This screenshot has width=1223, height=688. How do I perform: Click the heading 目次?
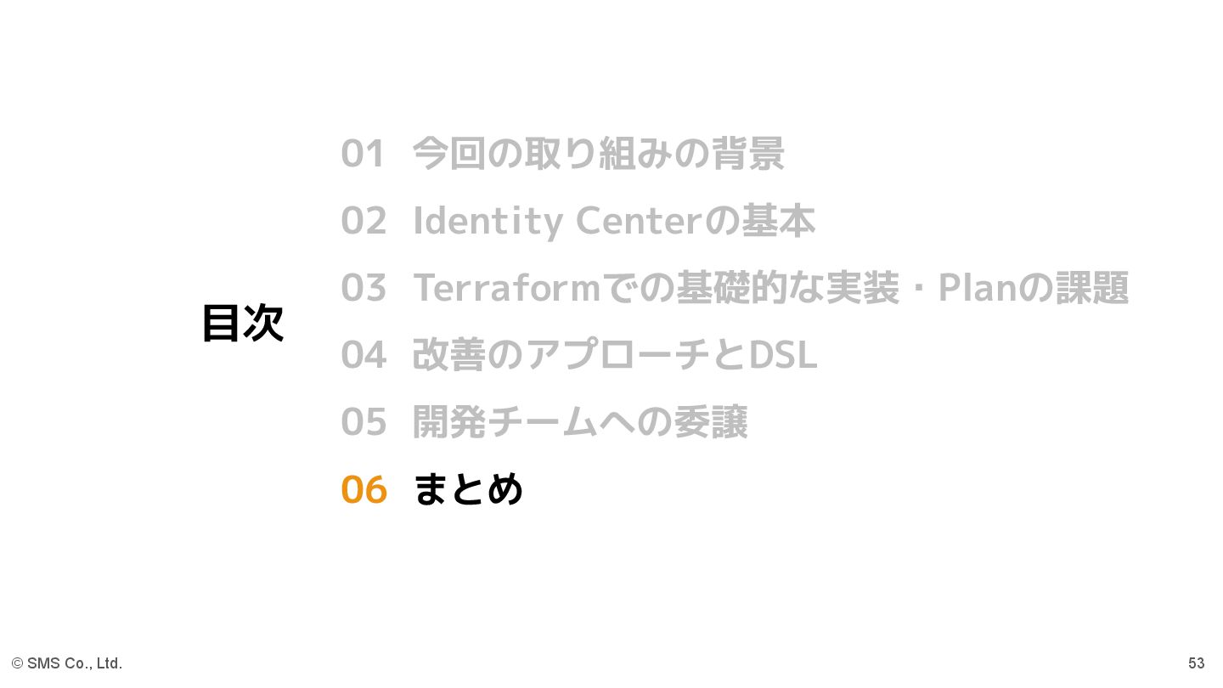point(243,324)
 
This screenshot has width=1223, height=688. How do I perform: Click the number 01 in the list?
point(364,154)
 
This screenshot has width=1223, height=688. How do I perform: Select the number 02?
point(364,221)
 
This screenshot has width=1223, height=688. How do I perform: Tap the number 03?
point(364,288)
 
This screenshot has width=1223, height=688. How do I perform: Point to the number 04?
point(364,355)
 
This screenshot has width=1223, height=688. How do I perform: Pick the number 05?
point(364,422)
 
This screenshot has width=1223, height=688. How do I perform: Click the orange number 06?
point(364,490)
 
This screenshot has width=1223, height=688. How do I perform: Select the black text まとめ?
point(468,490)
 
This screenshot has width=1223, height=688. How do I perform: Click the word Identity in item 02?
point(488,222)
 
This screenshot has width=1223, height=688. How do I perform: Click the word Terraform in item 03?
point(507,288)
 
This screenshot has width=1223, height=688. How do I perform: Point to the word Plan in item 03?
point(978,288)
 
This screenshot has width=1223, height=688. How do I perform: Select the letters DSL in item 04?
point(782,355)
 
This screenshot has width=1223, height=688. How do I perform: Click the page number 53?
point(1196,663)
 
